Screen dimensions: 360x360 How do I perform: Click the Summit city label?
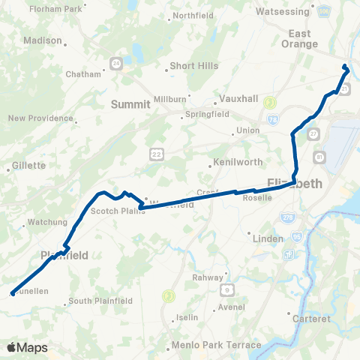130,104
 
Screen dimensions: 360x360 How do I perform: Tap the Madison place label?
43,40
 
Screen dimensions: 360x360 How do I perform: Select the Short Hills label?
193,66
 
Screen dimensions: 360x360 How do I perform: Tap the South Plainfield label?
100,301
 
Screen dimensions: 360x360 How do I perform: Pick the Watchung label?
48,222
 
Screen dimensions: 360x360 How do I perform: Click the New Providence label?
41,118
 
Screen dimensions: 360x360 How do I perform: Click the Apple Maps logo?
27,347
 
